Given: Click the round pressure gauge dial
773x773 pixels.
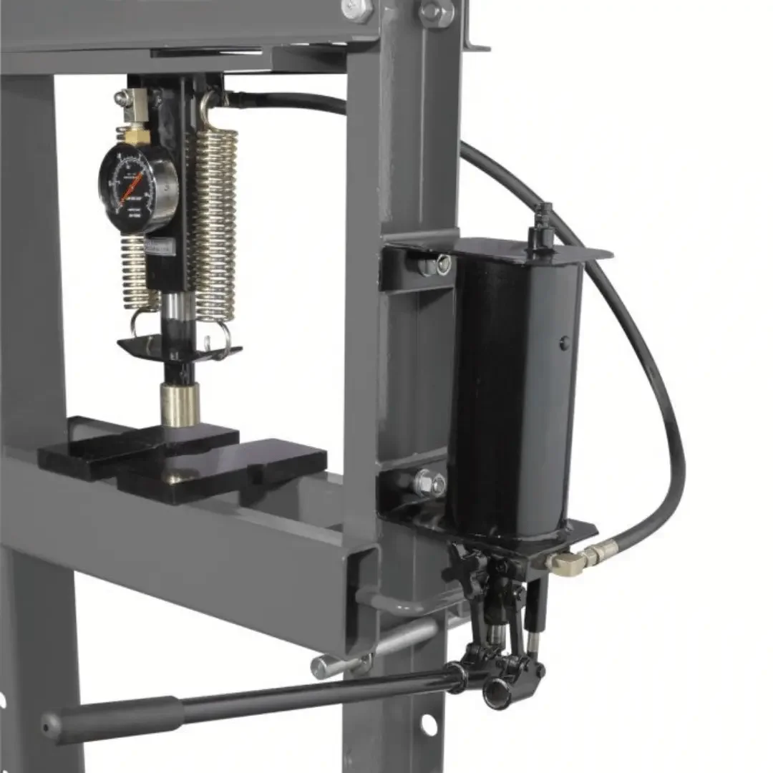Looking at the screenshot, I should click(x=137, y=187).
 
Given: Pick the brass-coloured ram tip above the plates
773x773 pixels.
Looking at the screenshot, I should click(x=180, y=405).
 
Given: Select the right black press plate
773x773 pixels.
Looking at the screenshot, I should click(x=236, y=469).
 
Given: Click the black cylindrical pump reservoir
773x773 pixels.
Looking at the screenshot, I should click(x=512, y=394).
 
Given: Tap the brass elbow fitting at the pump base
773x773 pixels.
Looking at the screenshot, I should click(x=565, y=561).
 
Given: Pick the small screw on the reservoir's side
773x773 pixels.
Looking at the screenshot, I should click(x=565, y=342).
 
